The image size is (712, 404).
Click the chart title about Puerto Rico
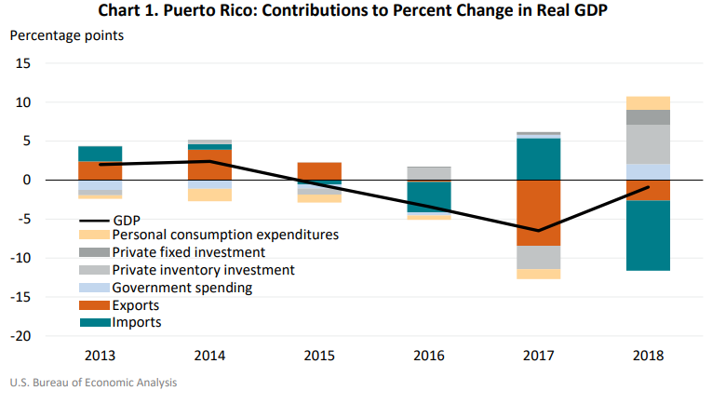[356, 12]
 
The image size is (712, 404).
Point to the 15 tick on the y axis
[23, 63]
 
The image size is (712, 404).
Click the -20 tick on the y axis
[20, 336]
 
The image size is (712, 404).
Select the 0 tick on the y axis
[27, 180]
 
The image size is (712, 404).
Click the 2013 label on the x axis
[100, 357]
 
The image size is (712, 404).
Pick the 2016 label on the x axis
[428, 357]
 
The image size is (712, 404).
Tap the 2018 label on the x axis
[647, 357]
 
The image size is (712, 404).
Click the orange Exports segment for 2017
[538, 212]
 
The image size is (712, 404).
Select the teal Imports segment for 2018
[648, 236]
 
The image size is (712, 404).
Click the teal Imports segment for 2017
[538, 158]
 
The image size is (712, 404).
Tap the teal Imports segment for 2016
[428, 196]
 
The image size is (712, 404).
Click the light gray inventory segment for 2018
[648, 144]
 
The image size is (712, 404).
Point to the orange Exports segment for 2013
[100, 170]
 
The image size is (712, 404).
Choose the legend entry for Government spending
[182, 288]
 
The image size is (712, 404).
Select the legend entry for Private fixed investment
[189, 252]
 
